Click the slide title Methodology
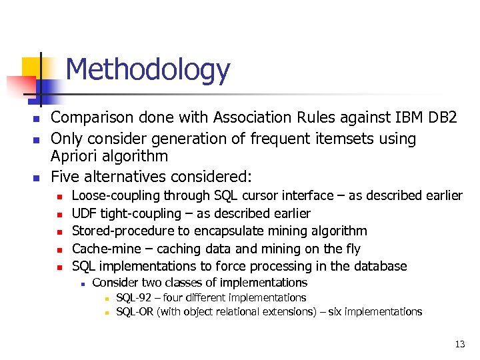pyautogui.click(x=147, y=70)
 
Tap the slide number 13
pyautogui.click(x=459, y=345)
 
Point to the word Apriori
pyautogui.click(x=76, y=157)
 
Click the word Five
pyautogui.click(x=65, y=177)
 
